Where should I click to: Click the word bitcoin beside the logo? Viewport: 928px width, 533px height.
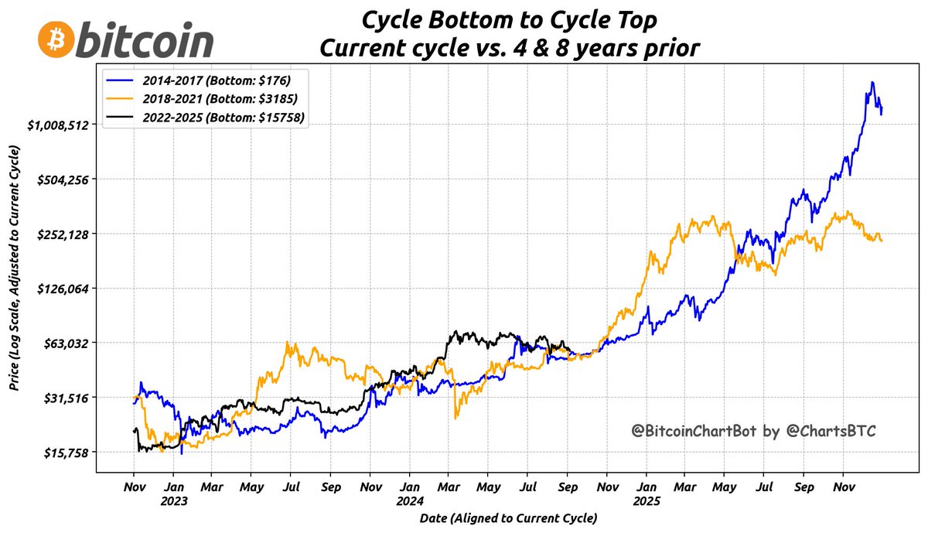tap(145, 39)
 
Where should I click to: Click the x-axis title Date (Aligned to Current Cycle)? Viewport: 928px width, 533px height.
tap(508, 517)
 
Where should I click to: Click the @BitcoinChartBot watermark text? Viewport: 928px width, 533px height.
tap(752, 431)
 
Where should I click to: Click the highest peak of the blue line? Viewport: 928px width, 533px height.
tap(872, 82)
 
